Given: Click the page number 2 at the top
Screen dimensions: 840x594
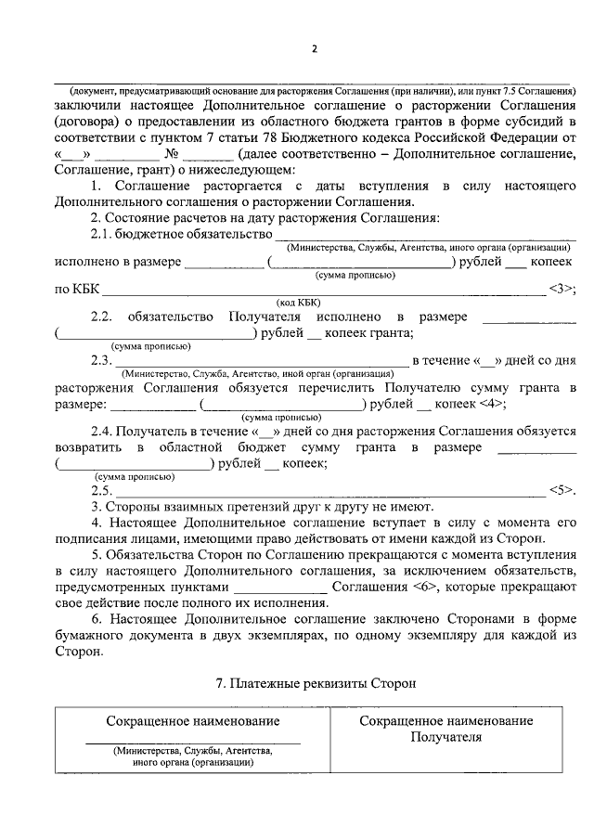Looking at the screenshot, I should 315,48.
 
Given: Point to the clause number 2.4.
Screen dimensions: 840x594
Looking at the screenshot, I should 103,431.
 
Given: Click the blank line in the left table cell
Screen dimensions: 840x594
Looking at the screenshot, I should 193,743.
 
